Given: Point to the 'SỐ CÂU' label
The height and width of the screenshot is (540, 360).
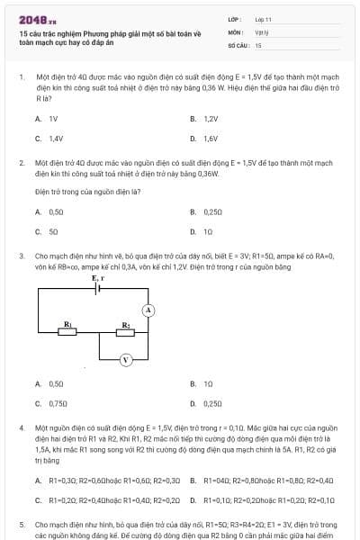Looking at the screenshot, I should tap(237, 44).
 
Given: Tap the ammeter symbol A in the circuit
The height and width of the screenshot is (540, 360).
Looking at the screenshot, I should tap(150, 310).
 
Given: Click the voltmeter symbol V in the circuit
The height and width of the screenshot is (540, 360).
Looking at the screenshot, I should tap(126, 359).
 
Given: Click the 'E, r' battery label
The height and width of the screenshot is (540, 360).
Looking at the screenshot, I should tap(99, 279).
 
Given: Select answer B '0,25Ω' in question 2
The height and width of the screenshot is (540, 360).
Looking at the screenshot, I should tap(212, 211).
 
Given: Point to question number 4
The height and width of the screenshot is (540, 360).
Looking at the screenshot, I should tap(21, 428).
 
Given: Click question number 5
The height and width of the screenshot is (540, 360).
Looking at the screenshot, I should tap(21, 523).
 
